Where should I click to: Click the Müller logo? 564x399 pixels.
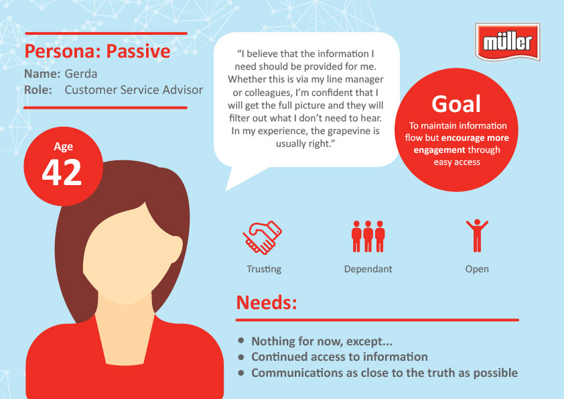(x=508, y=42)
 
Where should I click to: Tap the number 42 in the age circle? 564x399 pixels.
(x=62, y=172)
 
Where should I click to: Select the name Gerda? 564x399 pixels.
(x=81, y=74)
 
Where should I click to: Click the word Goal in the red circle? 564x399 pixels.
(x=456, y=104)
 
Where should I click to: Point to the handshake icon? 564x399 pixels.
(x=262, y=237)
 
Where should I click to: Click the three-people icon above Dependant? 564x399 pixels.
(x=368, y=236)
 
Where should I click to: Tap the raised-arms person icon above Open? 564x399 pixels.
(x=477, y=235)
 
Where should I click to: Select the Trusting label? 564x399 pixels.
(x=264, y=269)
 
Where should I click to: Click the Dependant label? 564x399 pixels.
(x=368, y=269)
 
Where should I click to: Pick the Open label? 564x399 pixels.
(x=477, y=270)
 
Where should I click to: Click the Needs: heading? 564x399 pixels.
(x=267, y=302)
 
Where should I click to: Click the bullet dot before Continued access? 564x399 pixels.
(x=241, y=357)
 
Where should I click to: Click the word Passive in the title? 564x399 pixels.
(x=138, y=51)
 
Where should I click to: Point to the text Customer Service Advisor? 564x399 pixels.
(x=134, y=90)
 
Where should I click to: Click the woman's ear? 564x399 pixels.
(x=175, y=249)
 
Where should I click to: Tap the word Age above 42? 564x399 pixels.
(x=64, y=147)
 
